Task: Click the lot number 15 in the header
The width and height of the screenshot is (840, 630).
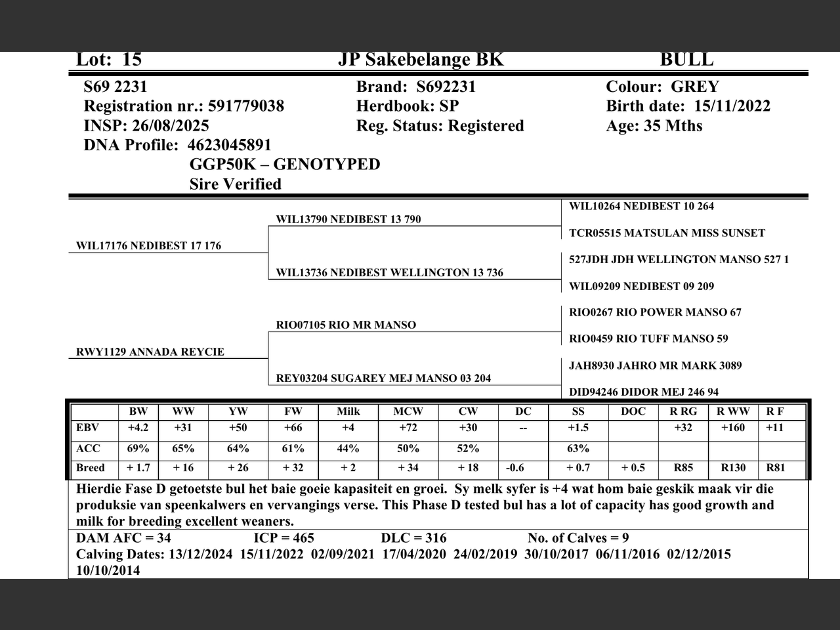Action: click(x=132, y=60)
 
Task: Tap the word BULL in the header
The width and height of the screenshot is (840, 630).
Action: click(x=686, y=60)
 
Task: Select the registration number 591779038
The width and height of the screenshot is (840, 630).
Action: click(x=246, y=106)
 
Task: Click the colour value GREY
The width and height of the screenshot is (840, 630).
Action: click(x=695, y=87)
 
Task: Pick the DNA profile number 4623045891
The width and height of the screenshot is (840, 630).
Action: click(x=229, y=145)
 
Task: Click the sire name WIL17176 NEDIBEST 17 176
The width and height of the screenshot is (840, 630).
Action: click(x=148, y=246)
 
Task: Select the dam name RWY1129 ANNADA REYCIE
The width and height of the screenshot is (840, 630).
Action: click(x=150, y=352)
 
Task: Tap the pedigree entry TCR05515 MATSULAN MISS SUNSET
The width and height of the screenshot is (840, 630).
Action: click(x=667, y=233)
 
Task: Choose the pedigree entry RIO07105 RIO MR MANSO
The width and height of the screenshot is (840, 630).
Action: click(x=346, y=325)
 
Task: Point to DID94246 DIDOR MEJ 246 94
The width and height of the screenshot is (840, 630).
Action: click(x=643, y=392)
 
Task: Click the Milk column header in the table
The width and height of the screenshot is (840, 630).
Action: click(x=348, y=411)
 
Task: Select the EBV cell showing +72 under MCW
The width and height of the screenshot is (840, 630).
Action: click(x=408, y=428)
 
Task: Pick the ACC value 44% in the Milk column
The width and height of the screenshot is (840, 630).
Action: click(x=348, y=449)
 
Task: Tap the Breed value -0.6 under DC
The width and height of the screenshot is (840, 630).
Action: click(x=515, y=468)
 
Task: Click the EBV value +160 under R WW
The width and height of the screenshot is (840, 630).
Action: click(x=732, y=428)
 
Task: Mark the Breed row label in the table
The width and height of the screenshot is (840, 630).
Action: click(x=91, y=468)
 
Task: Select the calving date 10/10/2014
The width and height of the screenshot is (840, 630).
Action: click(x=108, y=570)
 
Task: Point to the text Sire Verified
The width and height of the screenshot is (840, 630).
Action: click(x=235, y=184)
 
